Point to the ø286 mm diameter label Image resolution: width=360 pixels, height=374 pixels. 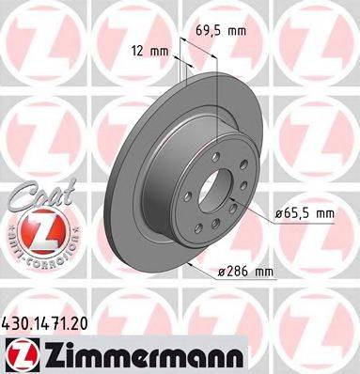(x=243, y=273)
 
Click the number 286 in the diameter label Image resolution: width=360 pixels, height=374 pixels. (x=240, y=273)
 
